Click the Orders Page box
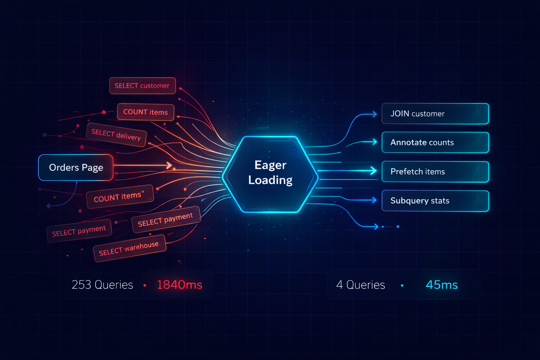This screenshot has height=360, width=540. point(76,167)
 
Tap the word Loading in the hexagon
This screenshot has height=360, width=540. point(270,180)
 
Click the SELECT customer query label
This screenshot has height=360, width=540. point(142,85)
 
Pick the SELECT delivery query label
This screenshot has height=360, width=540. point(116,135)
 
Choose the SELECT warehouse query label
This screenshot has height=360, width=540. point(129,248)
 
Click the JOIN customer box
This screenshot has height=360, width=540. point(435,114)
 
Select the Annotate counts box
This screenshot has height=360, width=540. point(435,142)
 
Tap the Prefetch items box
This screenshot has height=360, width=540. point(435,172)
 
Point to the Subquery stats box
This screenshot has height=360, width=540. point(435,201)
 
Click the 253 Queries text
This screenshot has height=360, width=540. point(102,285)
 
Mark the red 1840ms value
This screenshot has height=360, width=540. point(180,285)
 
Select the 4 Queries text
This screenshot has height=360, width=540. point(361,285)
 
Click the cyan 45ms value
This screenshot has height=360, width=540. point(442,285)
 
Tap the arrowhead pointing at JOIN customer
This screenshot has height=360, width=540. point(375,114)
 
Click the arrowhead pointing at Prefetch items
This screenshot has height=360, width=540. point(374,171)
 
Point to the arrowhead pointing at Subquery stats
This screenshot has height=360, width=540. point(374,200)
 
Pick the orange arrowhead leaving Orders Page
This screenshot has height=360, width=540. point(169,165)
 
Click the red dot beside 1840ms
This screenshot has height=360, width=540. point(144,285)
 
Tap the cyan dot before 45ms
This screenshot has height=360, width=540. point(402,285)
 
